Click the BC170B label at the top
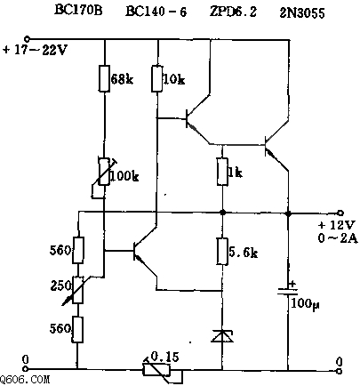tap(78, 11)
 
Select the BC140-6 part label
tap(156, 12)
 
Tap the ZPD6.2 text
tap(233, 12)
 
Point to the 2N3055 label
tap(302, 13)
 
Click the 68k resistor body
tap(104, 78)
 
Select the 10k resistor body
tap(157, 78)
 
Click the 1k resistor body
tap(222, 172)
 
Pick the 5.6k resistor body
tap(222, 251)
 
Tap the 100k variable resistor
tap(104, 175)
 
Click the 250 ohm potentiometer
tap(78, 290)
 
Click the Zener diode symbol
tap(222, 336)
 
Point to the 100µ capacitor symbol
tap(287, 291)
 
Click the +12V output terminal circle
tap(340, 213)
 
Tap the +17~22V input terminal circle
tap(27, 39)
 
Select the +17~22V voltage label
tap(35, 50)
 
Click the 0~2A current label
tap(339, 238)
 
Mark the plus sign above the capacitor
tap(292, 284)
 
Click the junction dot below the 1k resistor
tap(222, 213)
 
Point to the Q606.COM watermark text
tap(25, 380)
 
